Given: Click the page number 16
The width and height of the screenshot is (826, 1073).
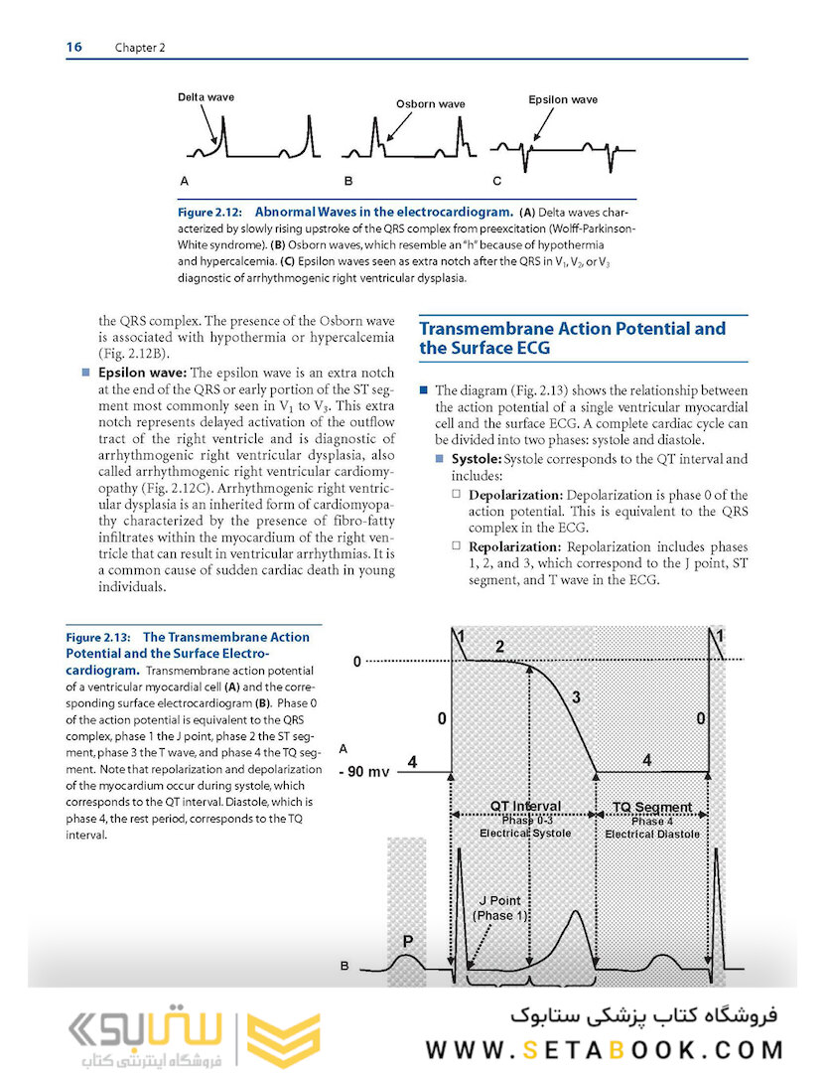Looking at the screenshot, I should click(x=74, y=47).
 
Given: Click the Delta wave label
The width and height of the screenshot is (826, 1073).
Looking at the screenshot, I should click(x=206, y=97).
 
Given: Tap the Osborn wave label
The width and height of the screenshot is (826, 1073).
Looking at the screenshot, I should click(x=430, y=103).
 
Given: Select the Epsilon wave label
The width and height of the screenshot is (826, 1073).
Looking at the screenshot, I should click(x=563, y=99).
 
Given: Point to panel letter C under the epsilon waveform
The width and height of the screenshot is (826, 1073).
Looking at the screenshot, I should click(x=497, y=182).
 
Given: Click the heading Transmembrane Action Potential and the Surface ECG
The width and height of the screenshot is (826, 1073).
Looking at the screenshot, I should click(x=572, y=338).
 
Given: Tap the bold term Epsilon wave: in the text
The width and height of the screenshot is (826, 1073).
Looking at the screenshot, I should click(x=140, y=374).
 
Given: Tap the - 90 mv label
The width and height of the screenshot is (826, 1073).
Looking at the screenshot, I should click(x=365, y=771).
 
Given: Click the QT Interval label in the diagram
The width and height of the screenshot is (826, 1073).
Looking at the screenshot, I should click(x=525, y=806).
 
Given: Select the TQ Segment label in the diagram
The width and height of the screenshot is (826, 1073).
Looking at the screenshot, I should click(x=651, y=807).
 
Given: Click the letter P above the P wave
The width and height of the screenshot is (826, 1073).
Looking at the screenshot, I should click(x=408, y=938).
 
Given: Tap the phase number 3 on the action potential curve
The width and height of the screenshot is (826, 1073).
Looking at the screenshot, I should click(x=576, y=698).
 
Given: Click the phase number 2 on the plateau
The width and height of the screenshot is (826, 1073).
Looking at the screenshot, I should click(x=499, y=647).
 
